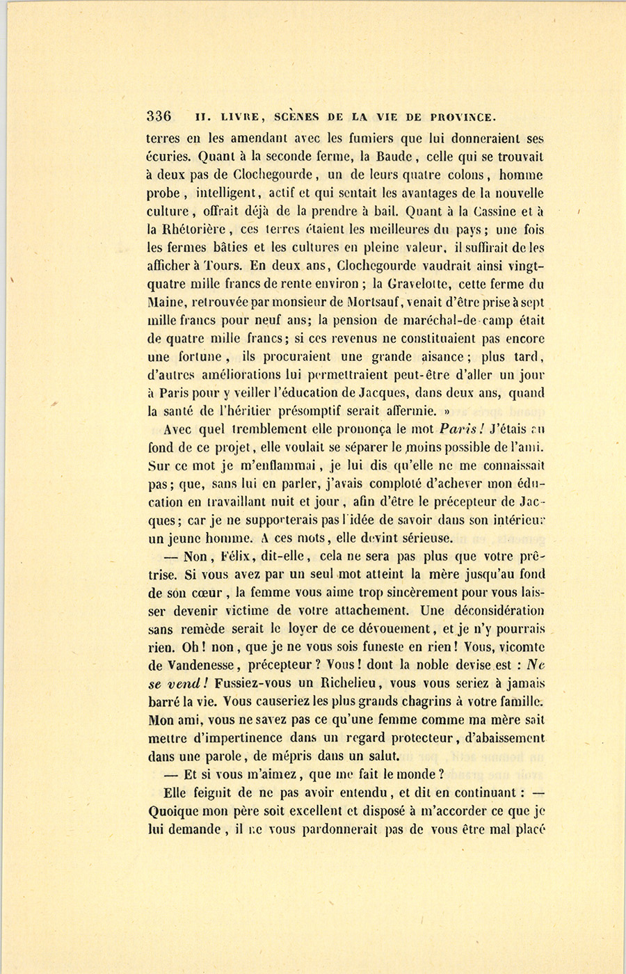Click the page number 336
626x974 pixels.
[x=159, y=116]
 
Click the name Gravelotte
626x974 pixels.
[x=422, y=283]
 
